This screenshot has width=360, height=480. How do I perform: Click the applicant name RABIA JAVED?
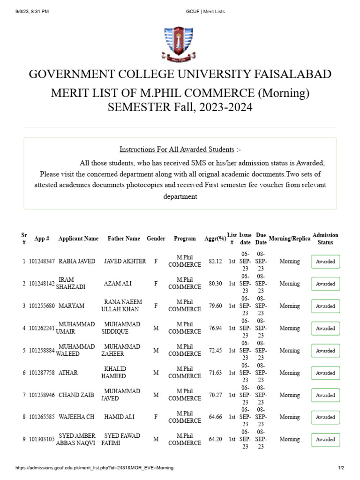[x=77, y=261]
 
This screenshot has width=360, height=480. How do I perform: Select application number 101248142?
[x=42, y=284]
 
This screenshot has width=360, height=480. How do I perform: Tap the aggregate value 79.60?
[x=215, y=306]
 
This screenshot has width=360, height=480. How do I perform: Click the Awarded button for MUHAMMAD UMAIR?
[x=325, y=329]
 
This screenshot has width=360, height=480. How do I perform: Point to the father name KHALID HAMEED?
[x=115, y=373]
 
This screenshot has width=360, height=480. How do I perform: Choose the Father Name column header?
[x=124, y=239]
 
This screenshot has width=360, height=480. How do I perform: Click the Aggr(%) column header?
[x=215, y=239]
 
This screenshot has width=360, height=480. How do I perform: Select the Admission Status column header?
[x=325, y=239]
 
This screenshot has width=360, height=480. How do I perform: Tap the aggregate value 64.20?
[x=215, y=439]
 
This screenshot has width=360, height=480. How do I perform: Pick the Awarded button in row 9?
[x=325, y=440]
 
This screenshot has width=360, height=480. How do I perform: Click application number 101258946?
[x=42, y=395]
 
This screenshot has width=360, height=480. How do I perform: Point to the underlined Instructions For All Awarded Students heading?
[x=177, y=150]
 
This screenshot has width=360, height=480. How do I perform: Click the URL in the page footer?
[x=94, y=468]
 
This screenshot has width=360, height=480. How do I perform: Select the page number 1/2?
[x=341, y=468]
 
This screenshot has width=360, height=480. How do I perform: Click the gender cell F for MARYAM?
[x=156, y=306]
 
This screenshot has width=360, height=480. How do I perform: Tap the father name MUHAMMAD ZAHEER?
[x=121, y=350]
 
